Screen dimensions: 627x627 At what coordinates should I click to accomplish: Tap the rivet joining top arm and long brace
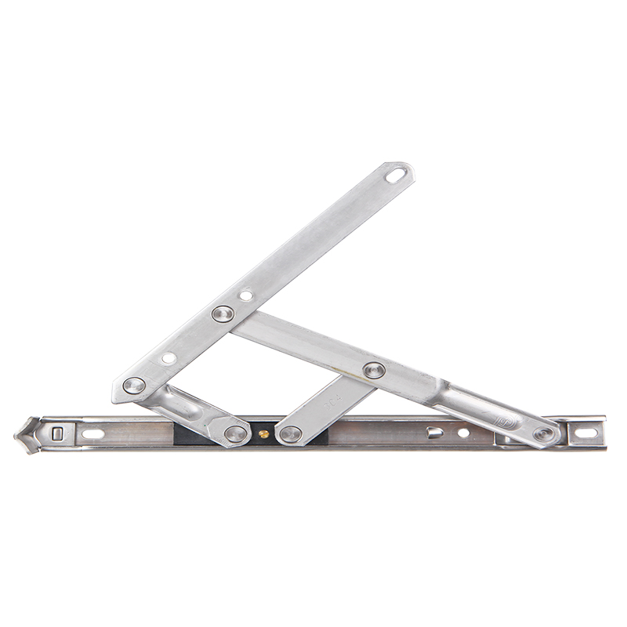(223, 314)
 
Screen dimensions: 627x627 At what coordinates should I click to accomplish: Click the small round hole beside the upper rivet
(246, 297)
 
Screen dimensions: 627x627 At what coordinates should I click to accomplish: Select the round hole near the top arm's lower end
(169, 357)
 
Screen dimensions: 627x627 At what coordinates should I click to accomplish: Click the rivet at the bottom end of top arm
(135, 386)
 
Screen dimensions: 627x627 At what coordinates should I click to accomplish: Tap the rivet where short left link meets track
(235, 433)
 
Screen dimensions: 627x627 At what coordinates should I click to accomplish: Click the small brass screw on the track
(263, 433)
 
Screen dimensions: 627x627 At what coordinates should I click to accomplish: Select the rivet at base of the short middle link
(291, 434)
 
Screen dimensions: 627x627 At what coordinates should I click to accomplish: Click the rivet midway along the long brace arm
(374, 370)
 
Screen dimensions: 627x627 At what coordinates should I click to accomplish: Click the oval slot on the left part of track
(92, 433)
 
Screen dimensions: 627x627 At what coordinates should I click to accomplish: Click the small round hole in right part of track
(463, 433)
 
